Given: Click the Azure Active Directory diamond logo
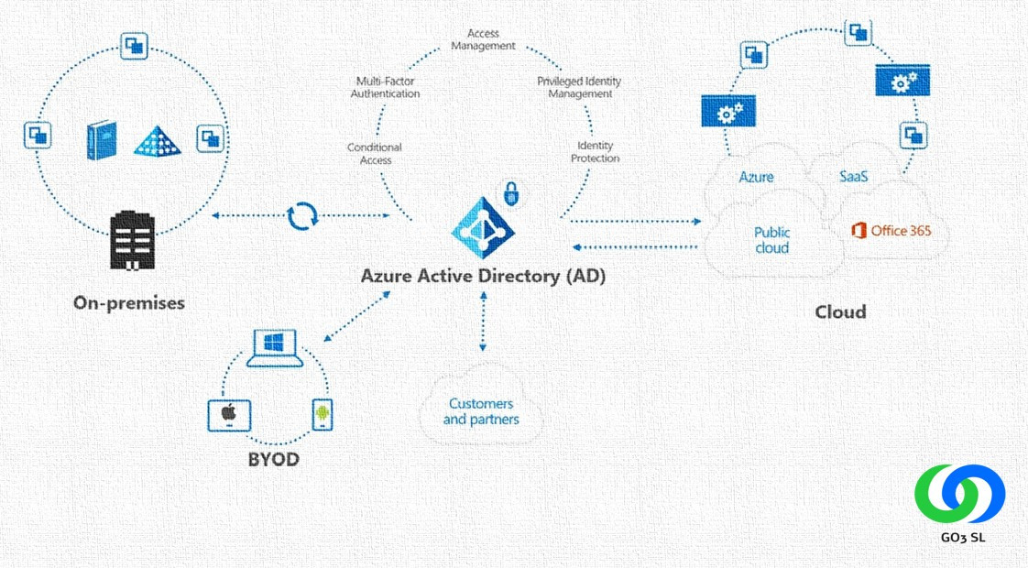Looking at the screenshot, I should pos(484,226).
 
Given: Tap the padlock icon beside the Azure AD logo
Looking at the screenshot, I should pos(510,193).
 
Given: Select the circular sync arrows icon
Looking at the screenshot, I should pos(302,216).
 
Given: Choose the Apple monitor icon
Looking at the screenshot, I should pos(227,415).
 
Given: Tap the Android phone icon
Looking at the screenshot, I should pos(322,414).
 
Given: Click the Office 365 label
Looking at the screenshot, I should pos(891,230).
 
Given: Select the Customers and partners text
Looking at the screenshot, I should pos(481,411).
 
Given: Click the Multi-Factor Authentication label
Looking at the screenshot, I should pos(387,87).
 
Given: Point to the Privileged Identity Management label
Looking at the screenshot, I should pos(579,87).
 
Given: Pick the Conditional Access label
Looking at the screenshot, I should pos(375,154).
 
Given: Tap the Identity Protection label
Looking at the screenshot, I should pos(596,152).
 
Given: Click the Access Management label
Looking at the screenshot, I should pos(485,39).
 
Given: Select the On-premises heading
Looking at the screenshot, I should pos(128,302).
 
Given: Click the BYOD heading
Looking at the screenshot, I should pos(273,459).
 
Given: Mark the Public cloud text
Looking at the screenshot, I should pos(772,240).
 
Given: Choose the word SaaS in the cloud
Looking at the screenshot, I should pos(855,176).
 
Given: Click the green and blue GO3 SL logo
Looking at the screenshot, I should pos(959,495).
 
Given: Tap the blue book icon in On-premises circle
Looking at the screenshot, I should pos(102,141).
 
